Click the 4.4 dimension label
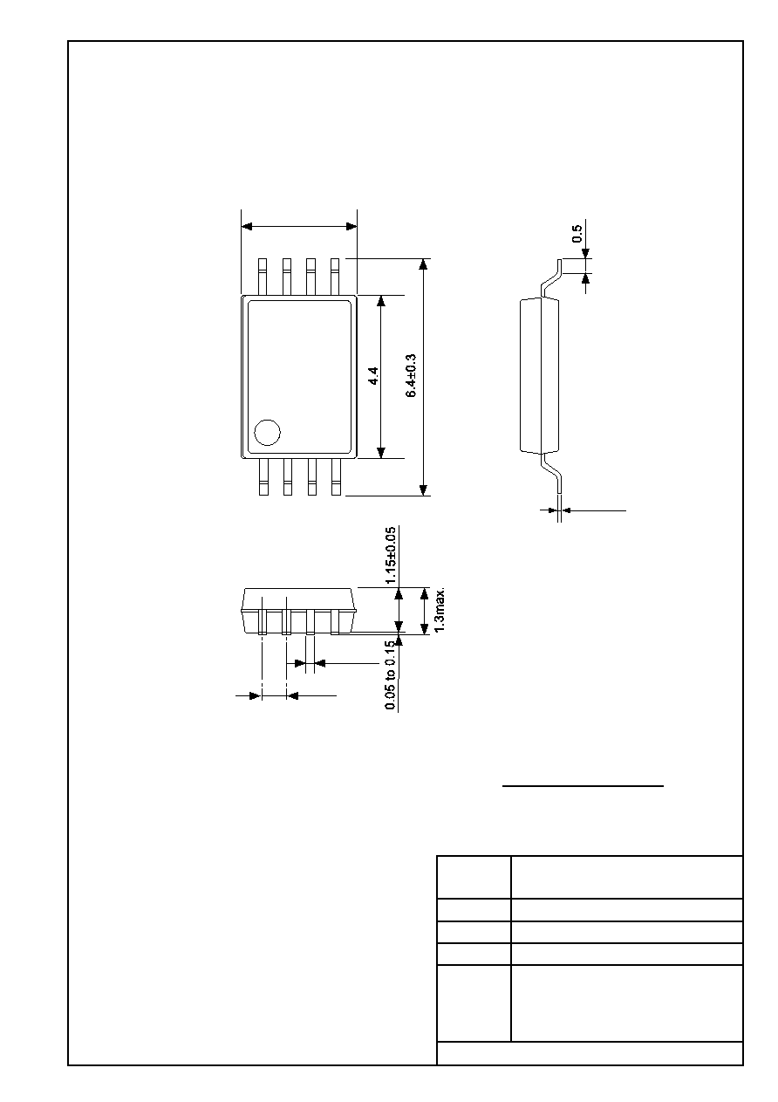[373, 376]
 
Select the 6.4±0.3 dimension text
[411, 375]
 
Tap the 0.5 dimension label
[577, 234]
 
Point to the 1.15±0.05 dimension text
[391, 555]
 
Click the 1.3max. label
[440, 610]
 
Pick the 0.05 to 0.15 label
[391, 675]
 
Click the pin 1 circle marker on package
[267, 433]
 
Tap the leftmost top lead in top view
[263, 277]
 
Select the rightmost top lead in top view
[335, 277]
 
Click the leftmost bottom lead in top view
[263, 476]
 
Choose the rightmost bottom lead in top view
[336, 476]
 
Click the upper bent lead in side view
[552, 278]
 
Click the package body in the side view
[540, 375]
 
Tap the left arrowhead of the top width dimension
[247, 226]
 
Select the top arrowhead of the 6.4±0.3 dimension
[423, 264]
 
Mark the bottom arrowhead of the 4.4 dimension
[380, 453]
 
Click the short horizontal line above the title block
[583, 786]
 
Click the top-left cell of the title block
[474, 877]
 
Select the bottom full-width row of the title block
[590, 1053]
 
